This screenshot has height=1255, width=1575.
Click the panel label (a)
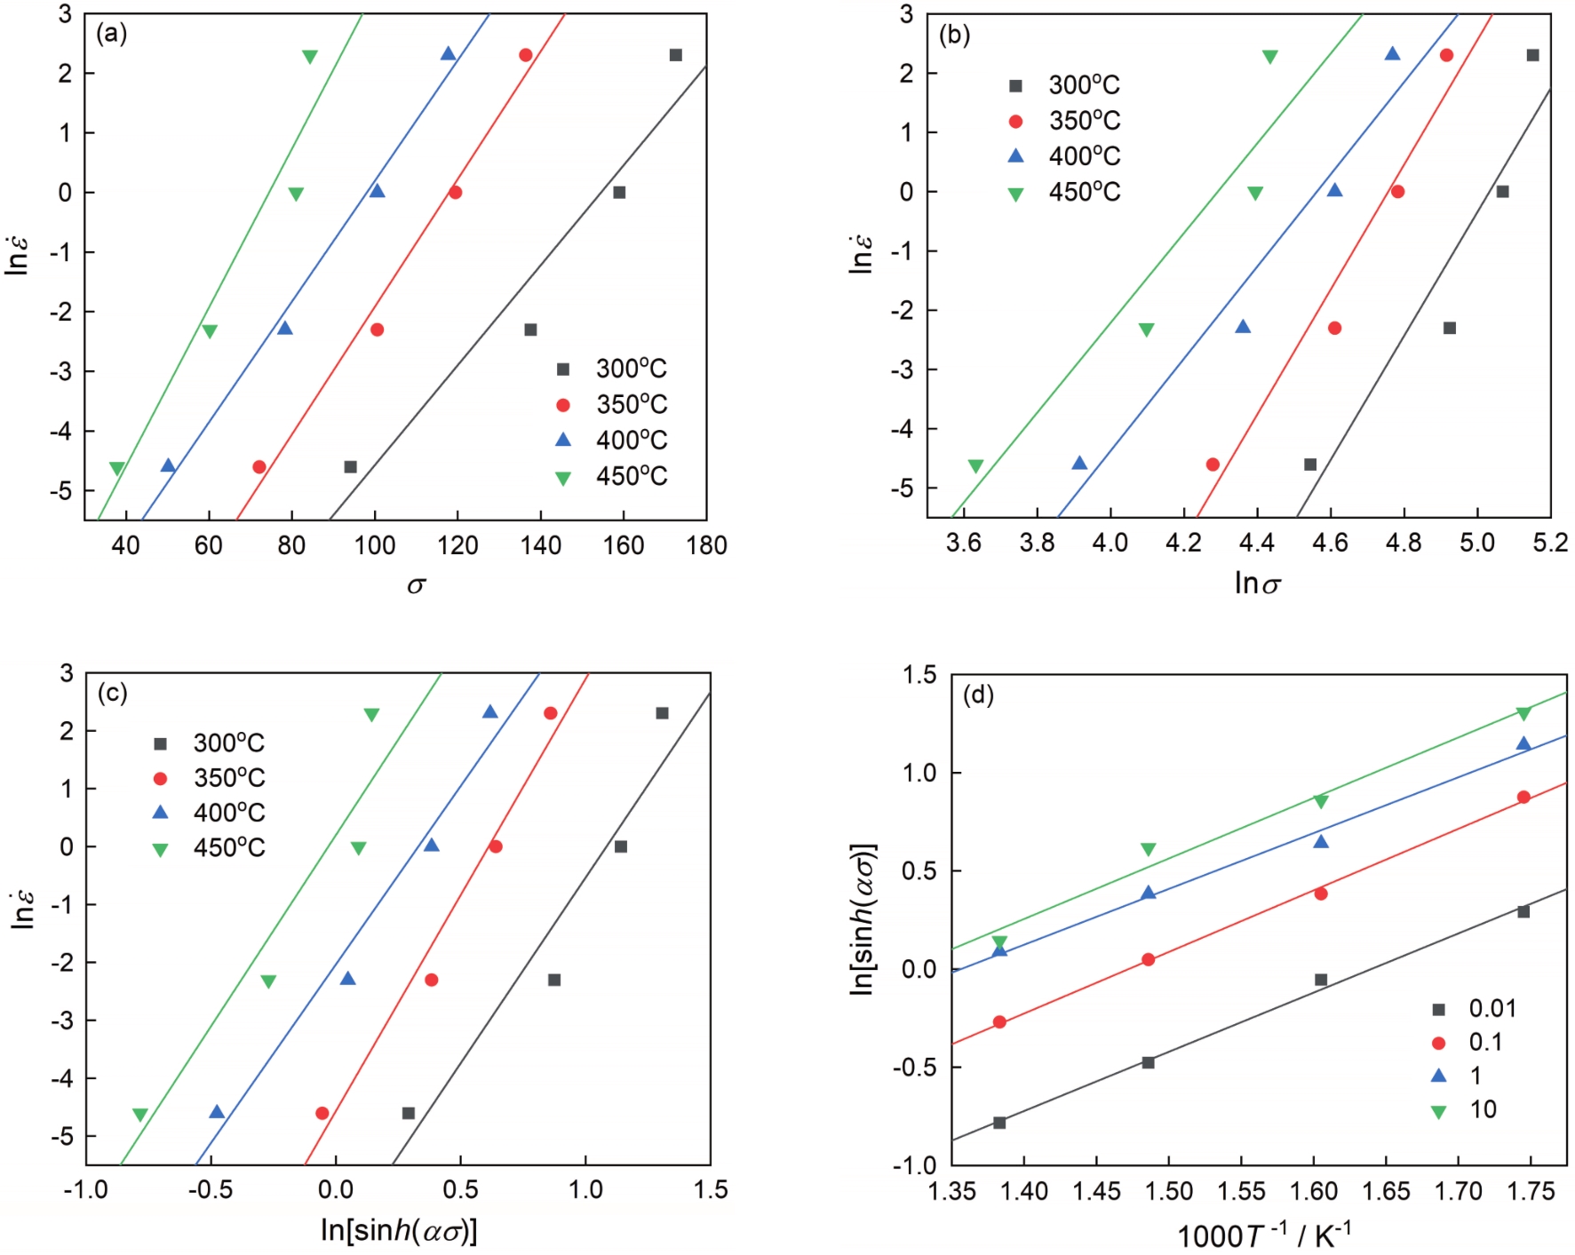pos(111,35)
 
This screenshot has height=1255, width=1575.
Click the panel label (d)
pos(978,695)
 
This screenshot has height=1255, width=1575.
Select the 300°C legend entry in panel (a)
pos(613,369)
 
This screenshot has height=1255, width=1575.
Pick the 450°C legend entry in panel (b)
pos(1066,192)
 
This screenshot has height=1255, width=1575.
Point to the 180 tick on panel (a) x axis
pos(706,545)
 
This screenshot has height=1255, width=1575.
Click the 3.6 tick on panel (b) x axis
pos(964,542)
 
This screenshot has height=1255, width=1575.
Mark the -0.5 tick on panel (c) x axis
pos(211,1189)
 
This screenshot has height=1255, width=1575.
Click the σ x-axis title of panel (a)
pos(416,584)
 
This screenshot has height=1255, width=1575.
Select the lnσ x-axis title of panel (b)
pos(1257,583)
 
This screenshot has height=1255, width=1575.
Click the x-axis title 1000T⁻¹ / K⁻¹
pos(1263,1235)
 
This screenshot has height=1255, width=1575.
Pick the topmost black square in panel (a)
pos(676,55)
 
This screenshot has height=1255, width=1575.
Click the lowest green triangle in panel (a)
pos(116,468)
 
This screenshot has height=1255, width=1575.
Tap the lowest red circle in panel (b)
pos(1213,465)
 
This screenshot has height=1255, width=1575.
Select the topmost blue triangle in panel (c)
pos(489,712)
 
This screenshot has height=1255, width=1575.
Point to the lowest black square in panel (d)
pos(999,1123)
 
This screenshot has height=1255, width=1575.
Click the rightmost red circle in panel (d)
pos(1523,797)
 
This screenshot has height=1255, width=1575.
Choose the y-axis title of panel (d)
pos(863,918)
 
